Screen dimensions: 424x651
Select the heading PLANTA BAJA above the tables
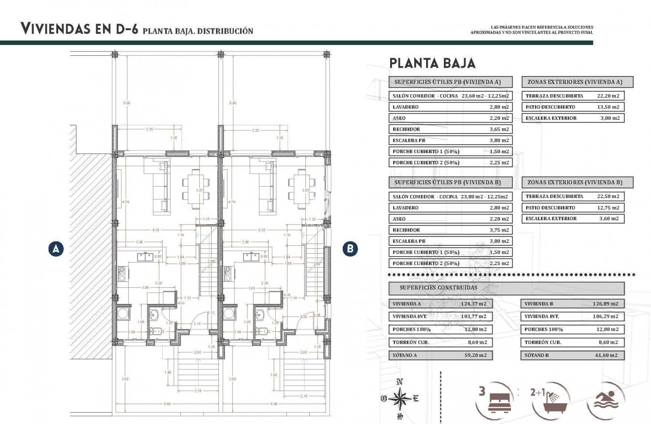coord(432,63)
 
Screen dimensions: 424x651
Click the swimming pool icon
coord(607,401)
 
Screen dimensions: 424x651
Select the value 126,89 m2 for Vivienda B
coord(605,304)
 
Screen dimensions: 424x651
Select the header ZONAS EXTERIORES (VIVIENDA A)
coord(577,82)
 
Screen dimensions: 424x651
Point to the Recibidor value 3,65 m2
coord(499,129)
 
